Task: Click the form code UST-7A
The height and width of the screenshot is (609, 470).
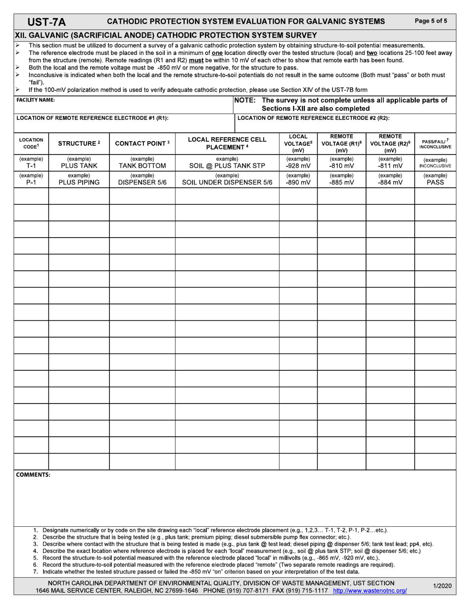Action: [x=47, y=21]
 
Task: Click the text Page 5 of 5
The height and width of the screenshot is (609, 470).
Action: [x=431, y=21]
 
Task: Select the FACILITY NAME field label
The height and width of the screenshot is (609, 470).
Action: [x=36, y=100]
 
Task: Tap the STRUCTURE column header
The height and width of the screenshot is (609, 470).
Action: [x=79, y=144]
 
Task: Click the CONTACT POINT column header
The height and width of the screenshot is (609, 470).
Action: [x=142, y=144]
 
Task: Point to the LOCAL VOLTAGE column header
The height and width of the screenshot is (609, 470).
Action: [x=298, y=143]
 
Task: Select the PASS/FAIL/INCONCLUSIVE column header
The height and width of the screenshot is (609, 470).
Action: [x=435, y=144]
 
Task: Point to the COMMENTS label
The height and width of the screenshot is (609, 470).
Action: [x=33, y=475]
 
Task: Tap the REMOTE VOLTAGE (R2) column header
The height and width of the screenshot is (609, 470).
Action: [x=390, y=143]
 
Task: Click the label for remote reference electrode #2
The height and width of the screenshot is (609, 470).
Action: [x=313, y=118]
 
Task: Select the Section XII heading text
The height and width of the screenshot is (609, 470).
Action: [x=166, y=35]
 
